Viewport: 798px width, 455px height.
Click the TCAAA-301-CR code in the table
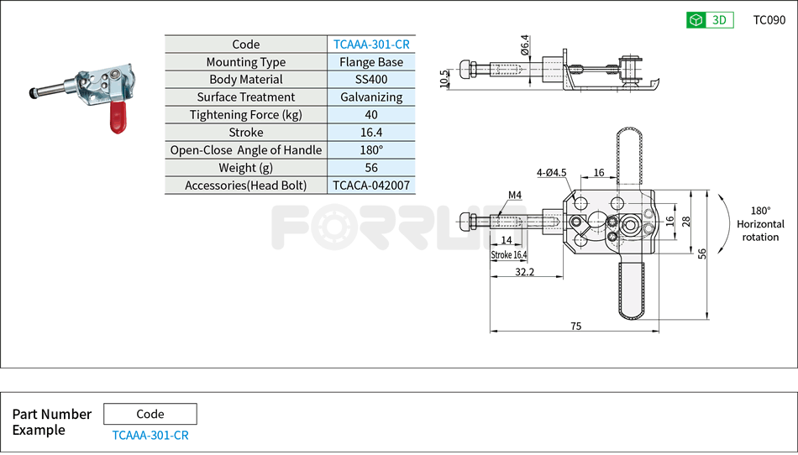click(x=371, y=44)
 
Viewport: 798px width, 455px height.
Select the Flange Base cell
click(x=371, y=62)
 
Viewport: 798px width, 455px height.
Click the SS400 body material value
click(x=371, y=80)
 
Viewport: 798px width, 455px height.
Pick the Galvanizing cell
click(x=371, y=97)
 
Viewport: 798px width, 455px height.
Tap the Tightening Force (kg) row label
click(x=245, y=115)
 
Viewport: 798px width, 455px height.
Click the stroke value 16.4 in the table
click(x=371, y=133)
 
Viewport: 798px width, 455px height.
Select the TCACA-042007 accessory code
click(x=371, y=185)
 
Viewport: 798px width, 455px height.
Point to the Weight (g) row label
click(x=245, y=168)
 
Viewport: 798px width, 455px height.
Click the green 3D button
click(x=710, y=20)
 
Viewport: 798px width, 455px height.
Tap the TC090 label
click(x=769, y=20)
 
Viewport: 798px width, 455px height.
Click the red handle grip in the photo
click(x=116, y=117)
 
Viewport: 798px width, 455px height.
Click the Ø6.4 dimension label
click(x=525, y=45)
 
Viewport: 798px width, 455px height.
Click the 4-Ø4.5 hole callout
click(x=552, y=173)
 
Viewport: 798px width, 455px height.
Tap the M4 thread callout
click(x=515, y=196)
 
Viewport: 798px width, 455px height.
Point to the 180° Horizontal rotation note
click(x=760, y=224)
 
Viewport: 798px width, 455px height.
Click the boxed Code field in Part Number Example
click(x=150, y=414)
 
